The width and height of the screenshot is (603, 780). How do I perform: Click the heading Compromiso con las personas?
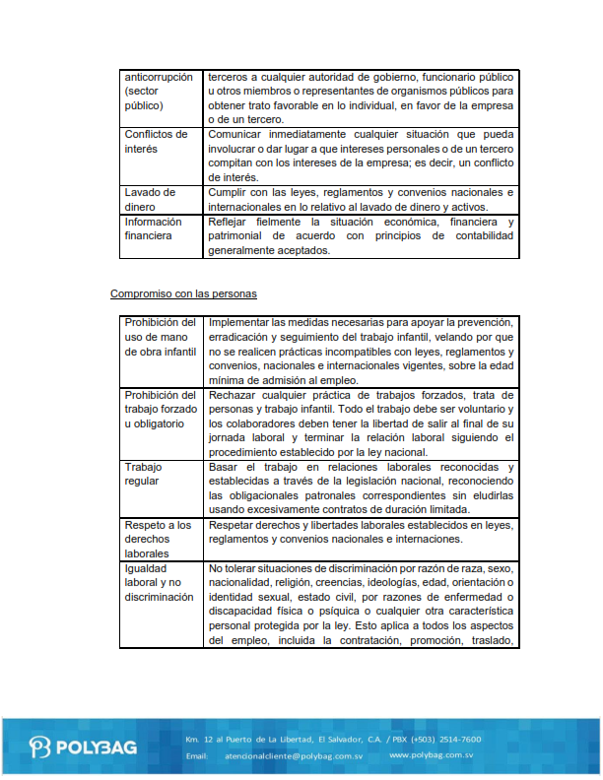(x=184, y=293)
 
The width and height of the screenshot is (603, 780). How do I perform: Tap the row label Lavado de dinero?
(x=150, y=199)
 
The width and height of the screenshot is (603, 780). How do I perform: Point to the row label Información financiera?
(x=154, y=228)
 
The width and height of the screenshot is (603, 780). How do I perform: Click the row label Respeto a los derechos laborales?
(x=158, y=539)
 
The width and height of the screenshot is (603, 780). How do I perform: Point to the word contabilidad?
(x=481, y=236)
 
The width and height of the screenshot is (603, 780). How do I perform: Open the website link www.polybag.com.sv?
(x=432, y=755)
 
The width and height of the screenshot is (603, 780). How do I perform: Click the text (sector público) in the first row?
(x=146, y=97)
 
